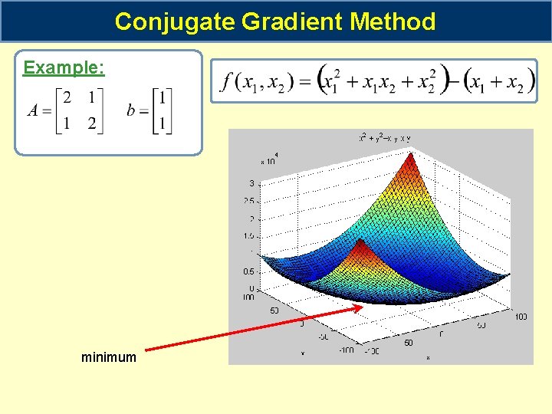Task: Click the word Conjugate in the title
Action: pyautogui.click(x=175, y=21)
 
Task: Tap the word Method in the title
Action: pyautogui.click(x=393, y=21)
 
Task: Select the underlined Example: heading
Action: pyautogui.click(x=64, y=67)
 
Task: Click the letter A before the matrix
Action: pyautogui.click(x=32, y=110)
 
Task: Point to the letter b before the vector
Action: pyautogui.click(x=132, y=110)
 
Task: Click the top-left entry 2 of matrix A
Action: pyautogui.click(x=67, y=97)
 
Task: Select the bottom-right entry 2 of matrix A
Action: pyautogui.click(x=92, y=124)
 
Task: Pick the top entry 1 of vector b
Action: pyautogui.click(x=163, y=97)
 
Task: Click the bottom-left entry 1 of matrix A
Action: pyautogui.click(x=67, y=124)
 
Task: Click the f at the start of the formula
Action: pyautogui.click(x=227, y=80)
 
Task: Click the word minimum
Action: pyautogui.click(x=109, y=357)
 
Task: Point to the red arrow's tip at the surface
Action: pyautogui.click(x=361, y=307)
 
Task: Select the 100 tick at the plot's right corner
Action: pyautogui.click(x=521, y=316)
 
